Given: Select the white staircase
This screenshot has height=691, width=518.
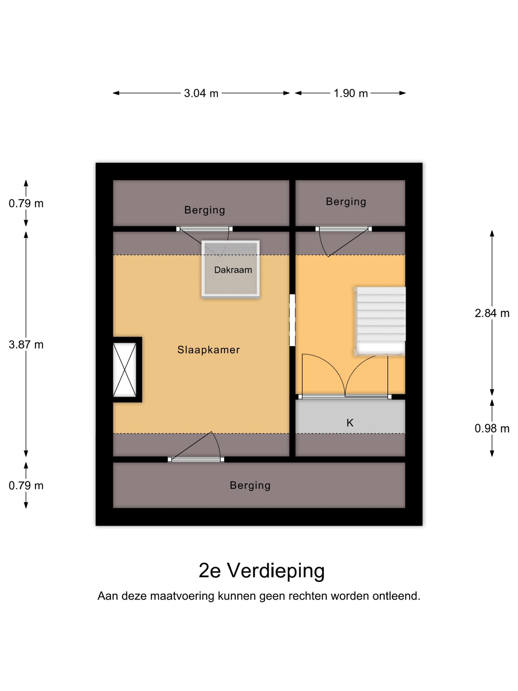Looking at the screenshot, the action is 380,321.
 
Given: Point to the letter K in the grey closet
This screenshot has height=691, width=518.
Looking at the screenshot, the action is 350,423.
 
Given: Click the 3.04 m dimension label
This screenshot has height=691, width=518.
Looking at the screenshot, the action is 201,93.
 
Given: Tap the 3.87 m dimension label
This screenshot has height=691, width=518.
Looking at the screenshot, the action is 26,345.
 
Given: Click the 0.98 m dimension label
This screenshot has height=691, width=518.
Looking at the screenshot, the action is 492,428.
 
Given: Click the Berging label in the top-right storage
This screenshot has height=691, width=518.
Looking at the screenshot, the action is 346,202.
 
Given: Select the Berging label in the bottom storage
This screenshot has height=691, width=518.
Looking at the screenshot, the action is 250,485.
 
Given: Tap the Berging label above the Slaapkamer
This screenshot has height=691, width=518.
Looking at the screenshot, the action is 204,210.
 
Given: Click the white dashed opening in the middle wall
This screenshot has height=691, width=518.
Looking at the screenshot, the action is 292,320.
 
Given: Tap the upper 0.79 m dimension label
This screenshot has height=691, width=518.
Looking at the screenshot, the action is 26,204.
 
